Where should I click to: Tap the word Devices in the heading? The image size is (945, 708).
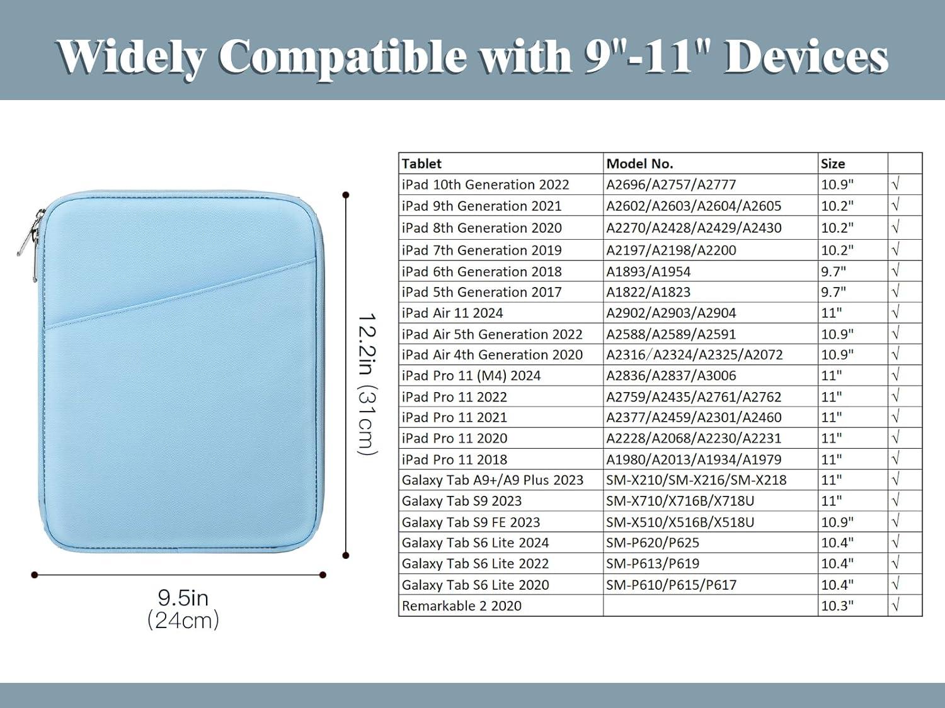coord(806,57)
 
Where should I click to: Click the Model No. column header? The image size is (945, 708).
coord(639,164)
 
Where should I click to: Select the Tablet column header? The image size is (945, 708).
coord(421,164)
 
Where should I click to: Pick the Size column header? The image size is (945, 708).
coord(833,164)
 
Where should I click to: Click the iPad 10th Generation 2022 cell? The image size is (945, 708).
coord(485,185)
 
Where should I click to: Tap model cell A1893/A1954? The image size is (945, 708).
coord(648,272)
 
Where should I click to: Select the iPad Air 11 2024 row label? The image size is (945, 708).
coord(452,313)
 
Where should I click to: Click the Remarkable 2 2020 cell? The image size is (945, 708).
coord(462,605)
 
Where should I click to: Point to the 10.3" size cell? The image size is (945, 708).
coord(837,605)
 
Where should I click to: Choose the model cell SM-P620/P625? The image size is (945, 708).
coord(653,543)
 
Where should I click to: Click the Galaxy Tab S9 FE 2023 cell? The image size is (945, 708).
coord(471,522)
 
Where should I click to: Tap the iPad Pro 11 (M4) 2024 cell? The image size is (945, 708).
coord(471,376)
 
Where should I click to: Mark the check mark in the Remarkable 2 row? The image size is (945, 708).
coord(895,605)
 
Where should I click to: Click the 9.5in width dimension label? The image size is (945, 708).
coord(183,598)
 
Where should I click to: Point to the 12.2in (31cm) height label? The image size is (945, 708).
coord(367,383)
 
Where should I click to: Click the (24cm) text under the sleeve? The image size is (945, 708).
coord(183,621)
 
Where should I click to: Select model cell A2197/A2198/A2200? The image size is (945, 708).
coord(671,250)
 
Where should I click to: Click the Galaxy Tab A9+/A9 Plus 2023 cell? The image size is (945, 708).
coord(493,480)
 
